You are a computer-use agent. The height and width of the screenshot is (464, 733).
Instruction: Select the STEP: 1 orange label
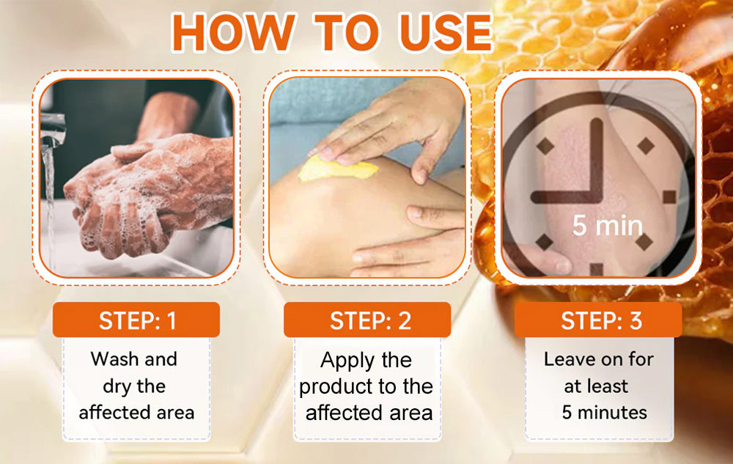point(136,320)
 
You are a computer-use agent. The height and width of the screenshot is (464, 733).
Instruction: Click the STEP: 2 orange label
point(367,320)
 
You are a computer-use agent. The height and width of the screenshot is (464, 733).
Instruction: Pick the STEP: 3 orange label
point(598,320)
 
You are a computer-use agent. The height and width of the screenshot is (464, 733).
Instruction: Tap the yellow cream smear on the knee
point(337,169)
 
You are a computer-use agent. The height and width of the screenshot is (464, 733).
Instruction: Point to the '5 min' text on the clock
point(608,225)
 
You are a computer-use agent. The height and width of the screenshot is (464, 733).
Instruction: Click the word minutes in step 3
point(612,413)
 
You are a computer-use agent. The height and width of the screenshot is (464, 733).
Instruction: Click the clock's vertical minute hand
point(597,160)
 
